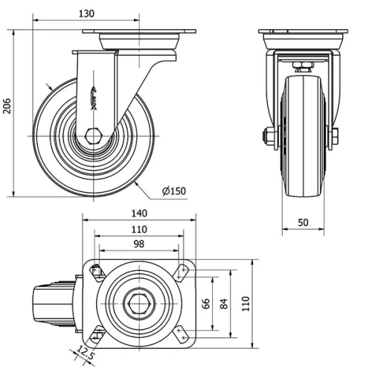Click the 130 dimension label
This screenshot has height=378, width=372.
point(87,14)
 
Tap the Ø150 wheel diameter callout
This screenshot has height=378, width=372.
point(173,191)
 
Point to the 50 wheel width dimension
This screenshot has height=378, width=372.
point(303,222)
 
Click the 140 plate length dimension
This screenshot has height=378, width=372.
point(139,213)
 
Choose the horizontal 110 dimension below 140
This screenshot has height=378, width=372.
point(138,228)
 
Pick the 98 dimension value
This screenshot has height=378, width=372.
point(138,243)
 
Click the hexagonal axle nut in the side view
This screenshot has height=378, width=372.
point(94,137)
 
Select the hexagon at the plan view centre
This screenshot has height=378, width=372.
point(138,304)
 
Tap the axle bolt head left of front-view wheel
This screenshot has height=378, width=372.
point(264,136)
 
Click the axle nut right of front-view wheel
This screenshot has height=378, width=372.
point(334,136)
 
